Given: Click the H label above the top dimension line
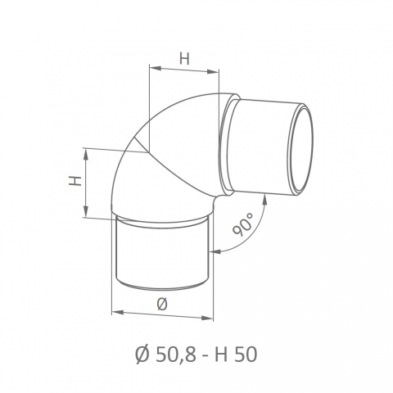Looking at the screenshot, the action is click(x=184, y=58).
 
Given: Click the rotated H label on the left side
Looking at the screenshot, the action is click(x=75, y=181).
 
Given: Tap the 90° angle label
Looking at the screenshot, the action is click(x=242, y=224).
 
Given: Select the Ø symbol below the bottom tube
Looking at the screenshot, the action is click(x=162, y=305).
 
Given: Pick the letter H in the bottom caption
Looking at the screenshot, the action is click(x=221, y=355).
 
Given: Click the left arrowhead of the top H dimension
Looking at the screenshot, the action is click(x=155, y=68).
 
